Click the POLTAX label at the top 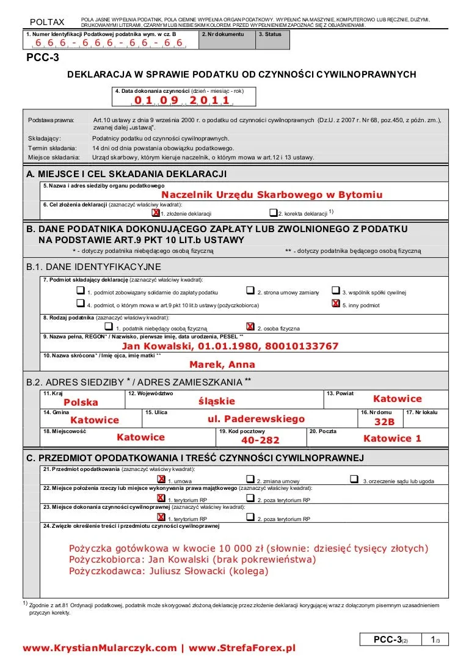47,23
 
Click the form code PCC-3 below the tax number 43,58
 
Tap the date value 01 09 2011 182,100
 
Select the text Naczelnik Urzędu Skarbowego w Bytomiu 272,195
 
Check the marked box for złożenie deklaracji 155,213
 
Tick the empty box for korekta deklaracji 273,213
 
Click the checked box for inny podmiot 335,304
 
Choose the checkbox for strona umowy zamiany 250,291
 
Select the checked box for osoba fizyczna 250,327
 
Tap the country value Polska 81,403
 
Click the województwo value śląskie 217,401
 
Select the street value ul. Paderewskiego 256,419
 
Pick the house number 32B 385,422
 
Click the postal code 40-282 260,440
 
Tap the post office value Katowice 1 392,439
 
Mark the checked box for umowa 161,480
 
